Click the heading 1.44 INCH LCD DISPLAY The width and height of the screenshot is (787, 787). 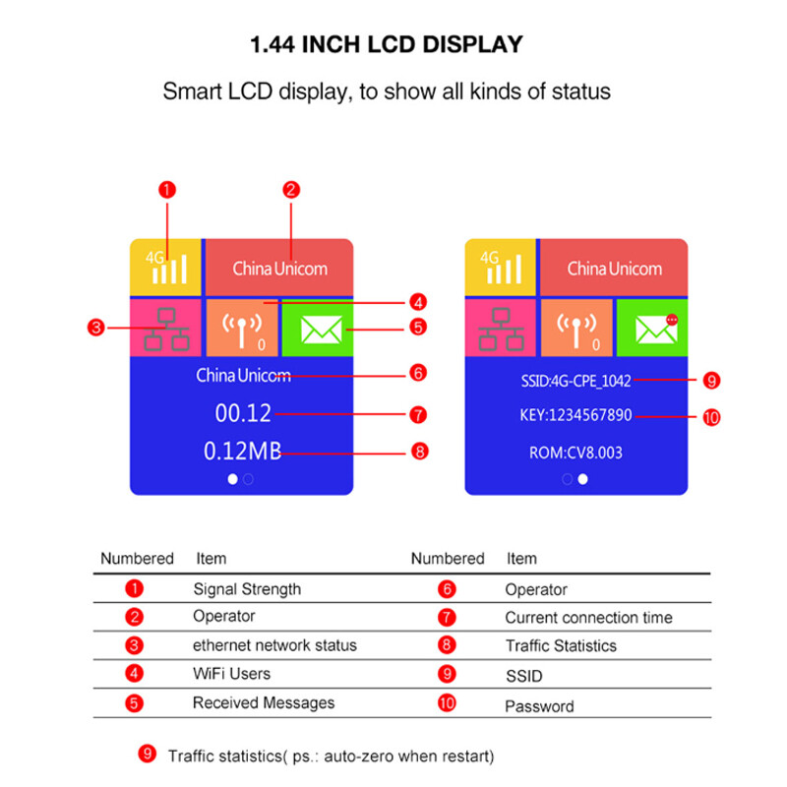(x=386, y=44)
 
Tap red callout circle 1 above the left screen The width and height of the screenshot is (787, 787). (x=167, y=190)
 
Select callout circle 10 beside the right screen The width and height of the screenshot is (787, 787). (x=711, y=417)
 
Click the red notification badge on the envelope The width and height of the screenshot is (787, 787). (x=672, y=320)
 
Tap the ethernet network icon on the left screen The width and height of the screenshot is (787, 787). (x=165, y=330)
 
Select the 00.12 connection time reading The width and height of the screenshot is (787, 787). (x=243, y=414)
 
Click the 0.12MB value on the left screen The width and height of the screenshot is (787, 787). (x=242, y=452)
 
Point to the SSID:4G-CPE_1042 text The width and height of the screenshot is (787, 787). (x=575, y=380)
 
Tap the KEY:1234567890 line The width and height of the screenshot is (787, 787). (x=575, y=415)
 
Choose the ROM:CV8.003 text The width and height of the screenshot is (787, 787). (x=575, y=454)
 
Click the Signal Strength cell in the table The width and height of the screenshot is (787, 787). (x=247, y=589)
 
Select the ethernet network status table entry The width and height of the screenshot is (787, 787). (x=274, y=645)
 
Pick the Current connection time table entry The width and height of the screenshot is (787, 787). (x=588, y=618)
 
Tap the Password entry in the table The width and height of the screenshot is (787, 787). (x=539, y=706)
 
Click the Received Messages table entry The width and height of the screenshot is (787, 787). (x=264, y=702)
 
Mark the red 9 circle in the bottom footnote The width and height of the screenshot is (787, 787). (x=147, y=755)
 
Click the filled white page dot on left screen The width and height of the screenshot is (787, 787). (x=232, y=479)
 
